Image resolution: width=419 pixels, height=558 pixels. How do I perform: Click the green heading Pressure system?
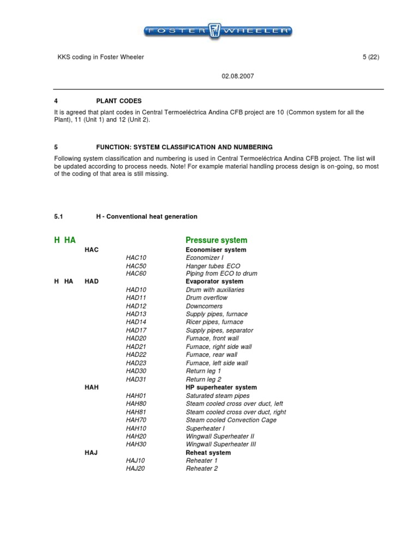click(216, 240)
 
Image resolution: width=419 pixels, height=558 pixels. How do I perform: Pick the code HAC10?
click(136, 257)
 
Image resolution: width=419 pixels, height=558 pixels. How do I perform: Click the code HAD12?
click(136, 306)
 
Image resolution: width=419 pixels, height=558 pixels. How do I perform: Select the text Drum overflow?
click(207, 298)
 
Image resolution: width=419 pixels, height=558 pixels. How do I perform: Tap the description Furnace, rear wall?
click(212, 355)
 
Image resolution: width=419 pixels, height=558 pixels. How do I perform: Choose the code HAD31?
click(136, 379)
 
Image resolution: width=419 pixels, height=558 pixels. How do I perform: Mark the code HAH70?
click(136, 420)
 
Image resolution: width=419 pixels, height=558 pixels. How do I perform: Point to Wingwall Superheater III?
click(220, 444)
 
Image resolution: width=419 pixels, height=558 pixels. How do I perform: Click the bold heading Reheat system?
click(208, 453)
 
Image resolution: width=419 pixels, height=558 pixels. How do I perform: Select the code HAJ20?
click(136, 469)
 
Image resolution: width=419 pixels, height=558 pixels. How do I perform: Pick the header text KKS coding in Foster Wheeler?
click(101, 57)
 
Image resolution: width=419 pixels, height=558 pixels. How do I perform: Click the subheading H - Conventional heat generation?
click(146, 216)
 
